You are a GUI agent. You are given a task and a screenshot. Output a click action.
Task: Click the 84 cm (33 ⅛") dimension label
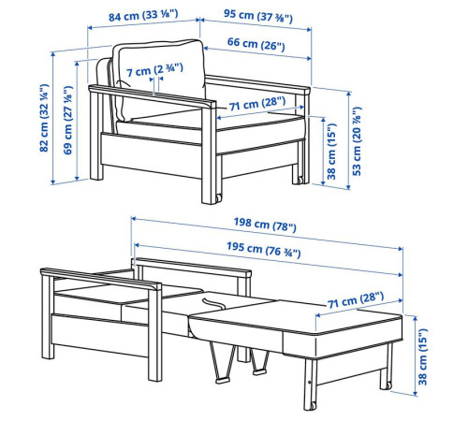coord(143,15)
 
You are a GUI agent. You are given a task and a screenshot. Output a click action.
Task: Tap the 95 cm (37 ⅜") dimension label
coord(258,16)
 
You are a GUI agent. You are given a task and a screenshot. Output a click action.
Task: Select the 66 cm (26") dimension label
coord(256,44)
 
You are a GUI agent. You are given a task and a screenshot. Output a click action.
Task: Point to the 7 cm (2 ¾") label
coord(154,70)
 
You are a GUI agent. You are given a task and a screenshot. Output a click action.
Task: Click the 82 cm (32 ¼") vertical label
coord(44,118)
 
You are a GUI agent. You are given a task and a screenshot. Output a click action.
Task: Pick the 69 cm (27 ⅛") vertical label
coord(68,120)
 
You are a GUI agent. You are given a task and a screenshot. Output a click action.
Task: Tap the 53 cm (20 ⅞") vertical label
coord(357,141)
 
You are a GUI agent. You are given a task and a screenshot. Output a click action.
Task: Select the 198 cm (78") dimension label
coord(265,225)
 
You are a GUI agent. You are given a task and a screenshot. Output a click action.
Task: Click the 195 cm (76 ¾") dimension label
coord(264,249)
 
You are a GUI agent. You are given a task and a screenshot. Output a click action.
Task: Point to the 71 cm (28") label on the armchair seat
coord(257,104)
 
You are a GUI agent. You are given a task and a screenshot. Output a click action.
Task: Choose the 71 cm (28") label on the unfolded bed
coord(356,299)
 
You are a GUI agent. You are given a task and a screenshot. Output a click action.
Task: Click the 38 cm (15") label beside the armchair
coord(331,152)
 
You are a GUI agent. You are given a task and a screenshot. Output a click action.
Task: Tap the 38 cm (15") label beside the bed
coord(422,356)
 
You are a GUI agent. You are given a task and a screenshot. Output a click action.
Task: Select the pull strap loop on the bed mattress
coord(213,302)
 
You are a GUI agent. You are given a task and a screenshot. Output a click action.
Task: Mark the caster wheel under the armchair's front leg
coord(218,198)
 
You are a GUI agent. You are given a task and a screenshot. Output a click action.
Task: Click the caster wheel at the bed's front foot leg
coord(312,406)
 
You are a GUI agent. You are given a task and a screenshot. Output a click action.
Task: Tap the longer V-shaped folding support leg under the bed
coord(222,362)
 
